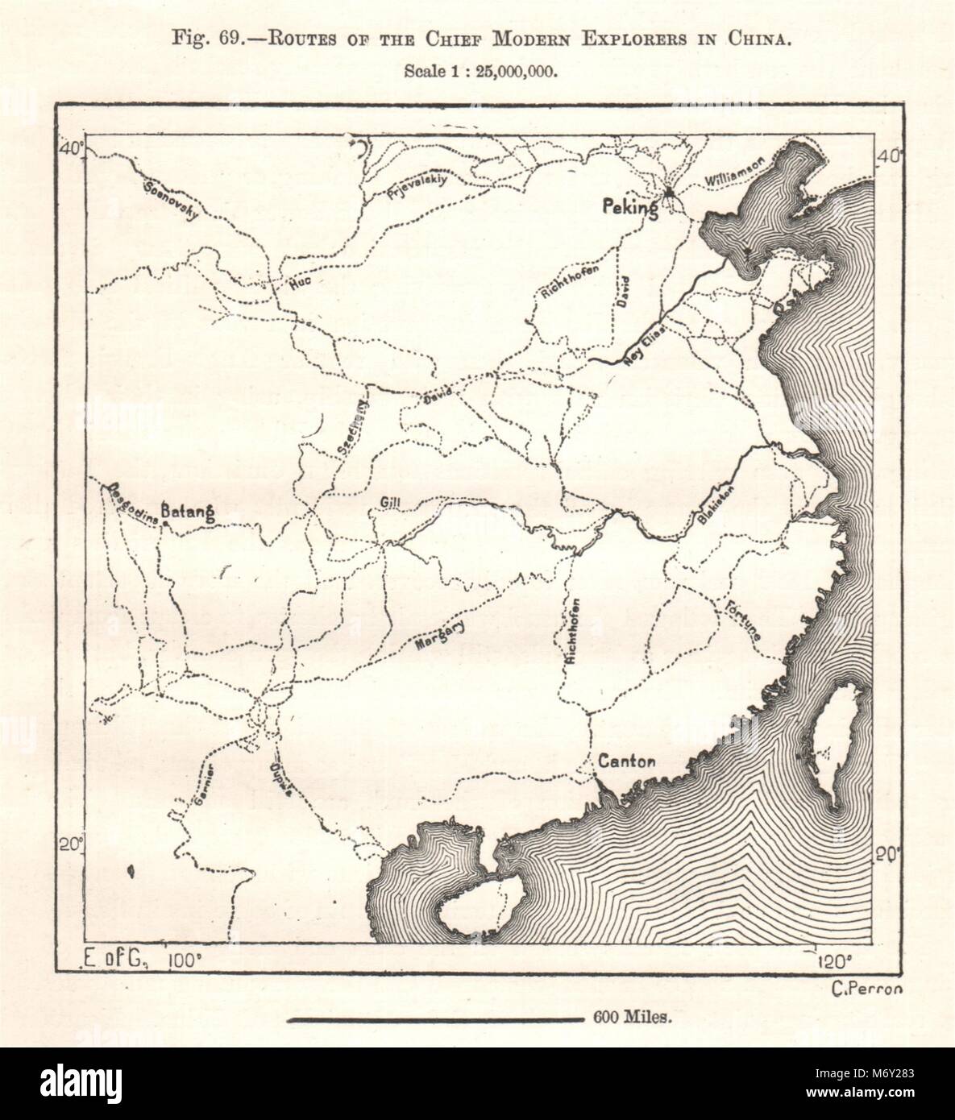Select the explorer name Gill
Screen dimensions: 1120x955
(x=388, y=504)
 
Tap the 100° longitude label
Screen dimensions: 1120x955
(x=185, y=960)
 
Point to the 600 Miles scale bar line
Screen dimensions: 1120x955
(x=436, y=1019)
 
